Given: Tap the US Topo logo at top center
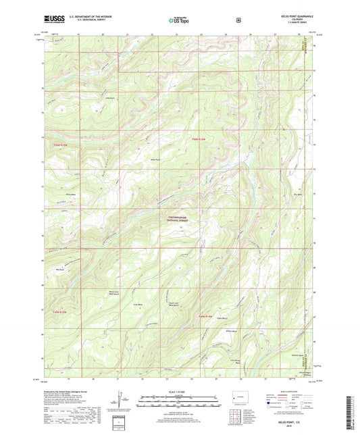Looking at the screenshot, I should pyautogui.click(x=180, y=20).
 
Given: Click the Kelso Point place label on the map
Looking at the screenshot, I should pyautogui.click(x=154, y=159).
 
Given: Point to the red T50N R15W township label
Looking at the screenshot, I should pyautogui.click(x=60, y=144).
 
